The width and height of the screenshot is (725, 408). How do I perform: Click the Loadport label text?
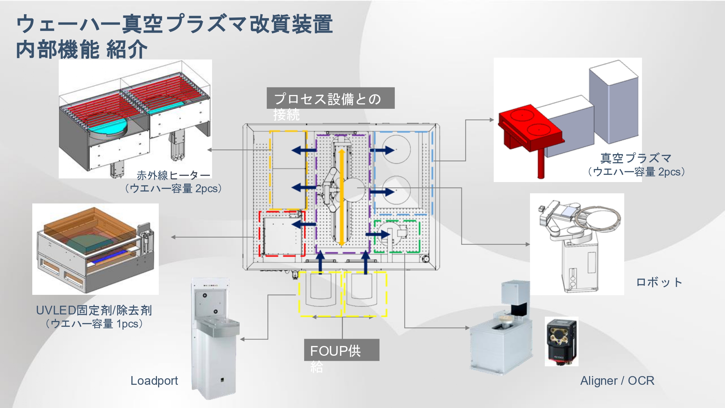click(154, 381)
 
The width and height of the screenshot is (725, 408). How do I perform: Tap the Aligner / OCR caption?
click(617, 381)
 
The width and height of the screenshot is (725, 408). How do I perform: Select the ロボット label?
click(659, 282)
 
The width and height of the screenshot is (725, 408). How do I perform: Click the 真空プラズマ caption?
click(636, 158)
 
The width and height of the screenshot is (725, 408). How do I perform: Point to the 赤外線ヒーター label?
click(173, 176)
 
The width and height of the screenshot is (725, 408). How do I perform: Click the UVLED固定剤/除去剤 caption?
click(94, 310)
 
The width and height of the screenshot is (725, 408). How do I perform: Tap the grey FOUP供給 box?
click(341, 350)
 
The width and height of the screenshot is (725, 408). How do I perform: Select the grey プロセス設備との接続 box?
click(330, 98)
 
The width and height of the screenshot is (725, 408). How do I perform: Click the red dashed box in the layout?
click(282, 234)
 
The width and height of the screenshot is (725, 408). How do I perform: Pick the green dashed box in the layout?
click(397, 236)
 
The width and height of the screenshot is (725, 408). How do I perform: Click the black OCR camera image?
click(561, 341)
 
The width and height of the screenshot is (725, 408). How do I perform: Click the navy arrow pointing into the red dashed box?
click(303, 224)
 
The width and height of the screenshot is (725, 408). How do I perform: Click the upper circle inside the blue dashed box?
click(397, 149)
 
